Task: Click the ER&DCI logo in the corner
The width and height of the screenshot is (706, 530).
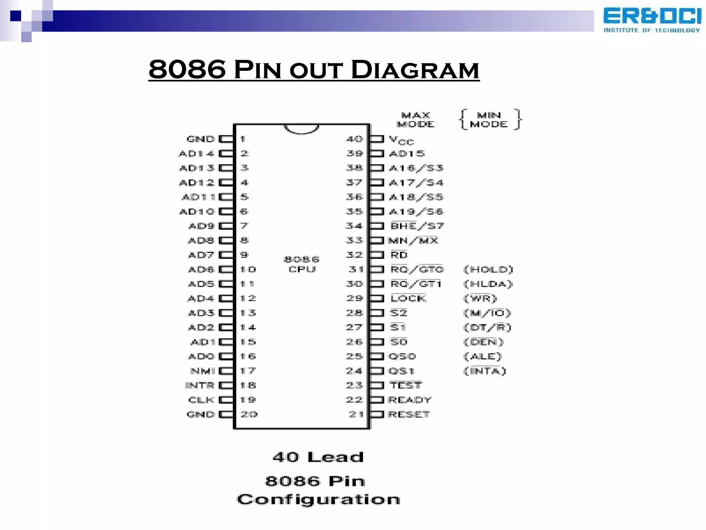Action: (x=652, y=20)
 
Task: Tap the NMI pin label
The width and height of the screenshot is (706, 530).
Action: (x=203, y=371)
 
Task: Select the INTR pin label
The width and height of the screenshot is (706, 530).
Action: (x=200, y=385)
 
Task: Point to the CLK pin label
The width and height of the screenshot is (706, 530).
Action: (x=201, y=400)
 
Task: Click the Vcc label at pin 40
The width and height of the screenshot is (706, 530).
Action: (x=401, y=140)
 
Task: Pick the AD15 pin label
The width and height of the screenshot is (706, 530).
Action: (x=407, y=154)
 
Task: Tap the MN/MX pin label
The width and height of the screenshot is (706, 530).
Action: (x=413, y=241)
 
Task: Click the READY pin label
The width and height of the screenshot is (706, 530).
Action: (x=410, y=400)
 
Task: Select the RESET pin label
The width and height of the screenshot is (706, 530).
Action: (x=409, y=414)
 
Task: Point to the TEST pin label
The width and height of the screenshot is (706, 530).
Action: (x=405, y=385)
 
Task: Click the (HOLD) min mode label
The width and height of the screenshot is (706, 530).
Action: (x=488, y=269)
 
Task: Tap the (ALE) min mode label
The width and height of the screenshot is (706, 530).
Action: (x=483, y=356)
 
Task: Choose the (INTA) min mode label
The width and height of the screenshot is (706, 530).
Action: (x=485, y=371)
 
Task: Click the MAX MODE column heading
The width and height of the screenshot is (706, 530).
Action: (x=416, y=119)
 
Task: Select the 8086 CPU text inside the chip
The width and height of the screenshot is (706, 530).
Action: (x=302, y=264)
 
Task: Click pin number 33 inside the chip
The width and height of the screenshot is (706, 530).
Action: (x=354, y=240)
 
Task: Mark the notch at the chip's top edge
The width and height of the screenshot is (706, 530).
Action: (x=301, y=129)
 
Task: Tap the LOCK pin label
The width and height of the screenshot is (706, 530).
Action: (x=408, y=298)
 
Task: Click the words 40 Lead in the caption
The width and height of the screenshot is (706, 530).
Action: (x=318, y=457)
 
